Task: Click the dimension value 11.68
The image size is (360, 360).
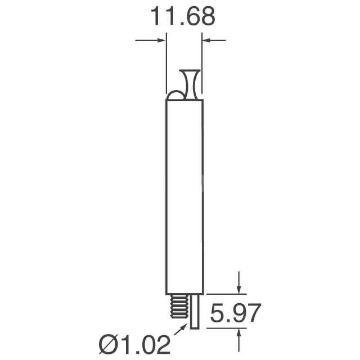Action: [182, 17]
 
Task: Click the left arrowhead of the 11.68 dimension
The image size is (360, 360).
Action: [162, 40]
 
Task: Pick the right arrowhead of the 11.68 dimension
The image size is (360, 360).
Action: [206, 40]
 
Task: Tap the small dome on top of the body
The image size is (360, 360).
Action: [175, 96]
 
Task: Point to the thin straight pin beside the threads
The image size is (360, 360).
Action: [194, 312]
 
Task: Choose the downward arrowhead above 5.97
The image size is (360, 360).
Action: [240, 289]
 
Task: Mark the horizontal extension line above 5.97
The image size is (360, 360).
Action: [225, 294]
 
